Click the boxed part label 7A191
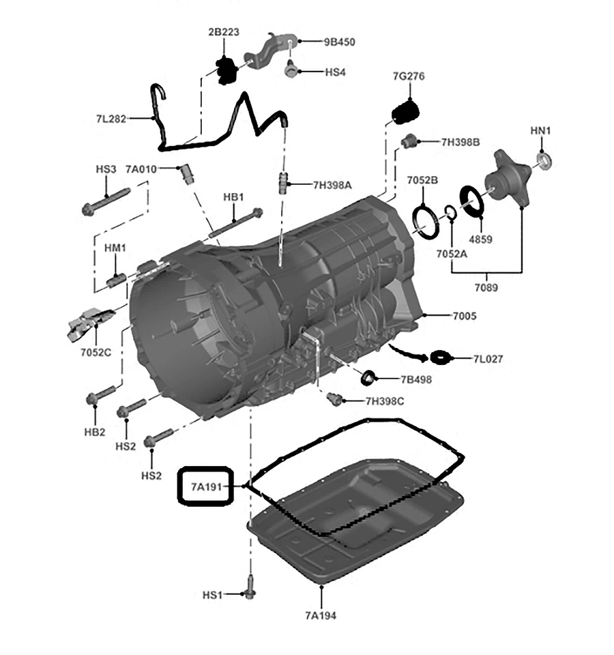coord(206,486)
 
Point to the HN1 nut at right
coord(544,161)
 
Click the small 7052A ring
coord(450,212)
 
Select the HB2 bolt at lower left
coord(99,395)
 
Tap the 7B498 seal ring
coord(368,376)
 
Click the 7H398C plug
coord(335,398)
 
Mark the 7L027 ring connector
coord(440,357)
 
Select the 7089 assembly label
coord(486,287)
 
